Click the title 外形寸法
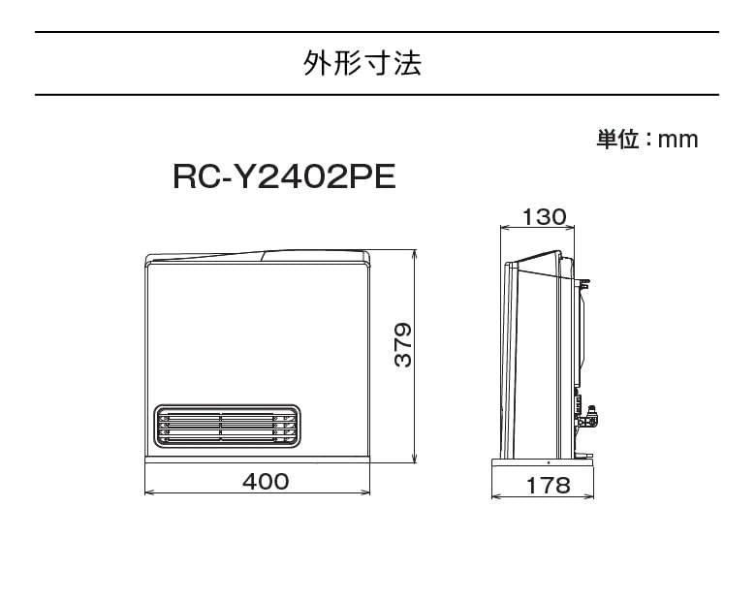[362, 64]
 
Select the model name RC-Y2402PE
[283, 176]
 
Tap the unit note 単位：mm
[646, 140]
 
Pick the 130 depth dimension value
[544, 217]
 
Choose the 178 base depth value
[550, 487]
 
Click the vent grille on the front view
[225, 424]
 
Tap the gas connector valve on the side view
[590, 415]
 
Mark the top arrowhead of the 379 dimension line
[415, 254]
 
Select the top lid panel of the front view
[257, 257]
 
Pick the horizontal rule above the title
[377, 32]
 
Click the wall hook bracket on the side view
[584, 284]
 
